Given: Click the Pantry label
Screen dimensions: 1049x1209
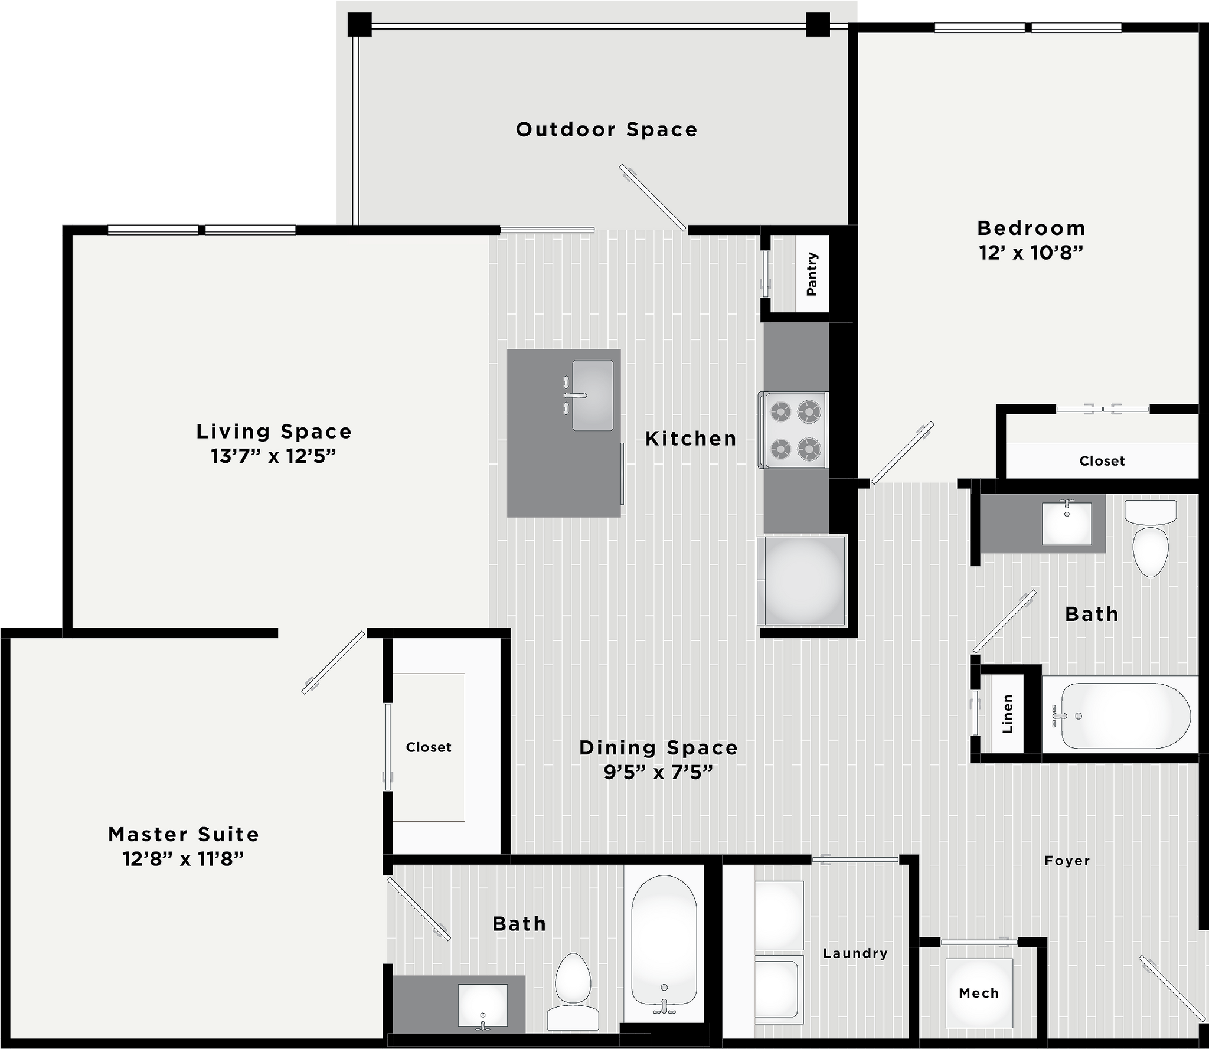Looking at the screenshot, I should [x=812, y=274].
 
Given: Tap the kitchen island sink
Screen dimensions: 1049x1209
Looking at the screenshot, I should [x=592, y=395].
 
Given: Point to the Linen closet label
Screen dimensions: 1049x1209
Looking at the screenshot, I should [x=1008, y=714].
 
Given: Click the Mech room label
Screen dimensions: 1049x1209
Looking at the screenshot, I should [x=979, y=993].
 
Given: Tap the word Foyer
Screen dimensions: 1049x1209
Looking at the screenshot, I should [x=1067, y=861].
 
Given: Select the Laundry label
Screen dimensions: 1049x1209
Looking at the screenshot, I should [x=855, y=953].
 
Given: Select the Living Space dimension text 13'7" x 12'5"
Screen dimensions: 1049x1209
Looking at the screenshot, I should [x=273, y=456].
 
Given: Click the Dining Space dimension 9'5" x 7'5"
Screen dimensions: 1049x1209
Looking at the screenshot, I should [x=658, y=772].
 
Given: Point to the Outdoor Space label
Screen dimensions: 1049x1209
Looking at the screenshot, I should [x=606, y=129].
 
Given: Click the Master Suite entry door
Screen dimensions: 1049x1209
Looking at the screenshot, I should [x=334, y=662].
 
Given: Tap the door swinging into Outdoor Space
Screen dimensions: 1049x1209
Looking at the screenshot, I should [x=653, y=198].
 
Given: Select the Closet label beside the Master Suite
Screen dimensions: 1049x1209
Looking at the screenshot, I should [x=429, y=747].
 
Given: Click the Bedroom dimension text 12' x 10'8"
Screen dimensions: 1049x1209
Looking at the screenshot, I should [x=1031, y=253].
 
